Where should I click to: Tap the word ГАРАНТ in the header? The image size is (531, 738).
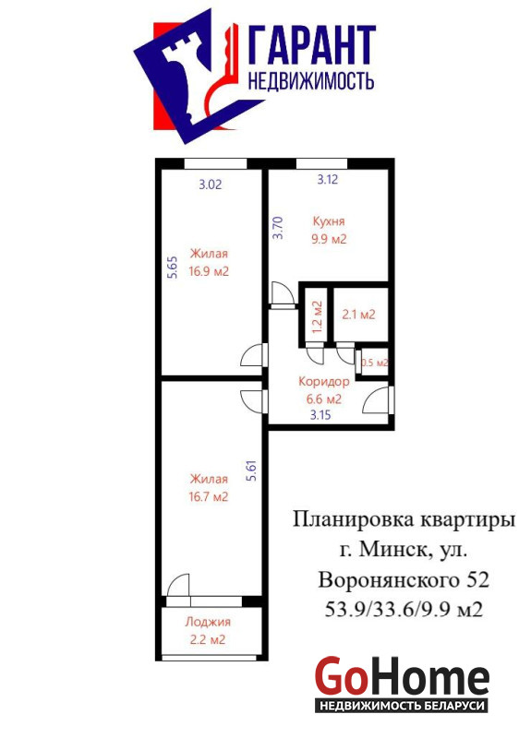[311, 45]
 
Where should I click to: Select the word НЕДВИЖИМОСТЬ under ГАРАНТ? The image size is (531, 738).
[311, 81]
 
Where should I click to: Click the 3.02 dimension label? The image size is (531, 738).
[211, 184]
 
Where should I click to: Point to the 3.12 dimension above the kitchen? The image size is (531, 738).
[328, 179]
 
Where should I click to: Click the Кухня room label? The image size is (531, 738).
[329, 221]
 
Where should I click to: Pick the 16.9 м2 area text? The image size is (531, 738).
[209, 271]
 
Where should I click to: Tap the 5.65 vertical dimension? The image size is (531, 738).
[173, 268]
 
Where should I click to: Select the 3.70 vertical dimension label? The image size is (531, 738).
[279, 228]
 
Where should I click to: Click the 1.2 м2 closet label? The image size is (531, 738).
[317, 315]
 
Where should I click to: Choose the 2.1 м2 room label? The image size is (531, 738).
[359, 314]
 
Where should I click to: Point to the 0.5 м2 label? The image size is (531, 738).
[375, 363]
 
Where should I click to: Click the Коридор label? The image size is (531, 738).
[324, 381]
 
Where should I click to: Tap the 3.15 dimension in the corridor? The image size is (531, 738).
[320, 415]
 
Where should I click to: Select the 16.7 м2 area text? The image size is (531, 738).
[209, 497]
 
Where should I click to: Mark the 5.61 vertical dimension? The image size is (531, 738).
[252, 470]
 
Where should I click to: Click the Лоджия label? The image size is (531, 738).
[208, 622]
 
